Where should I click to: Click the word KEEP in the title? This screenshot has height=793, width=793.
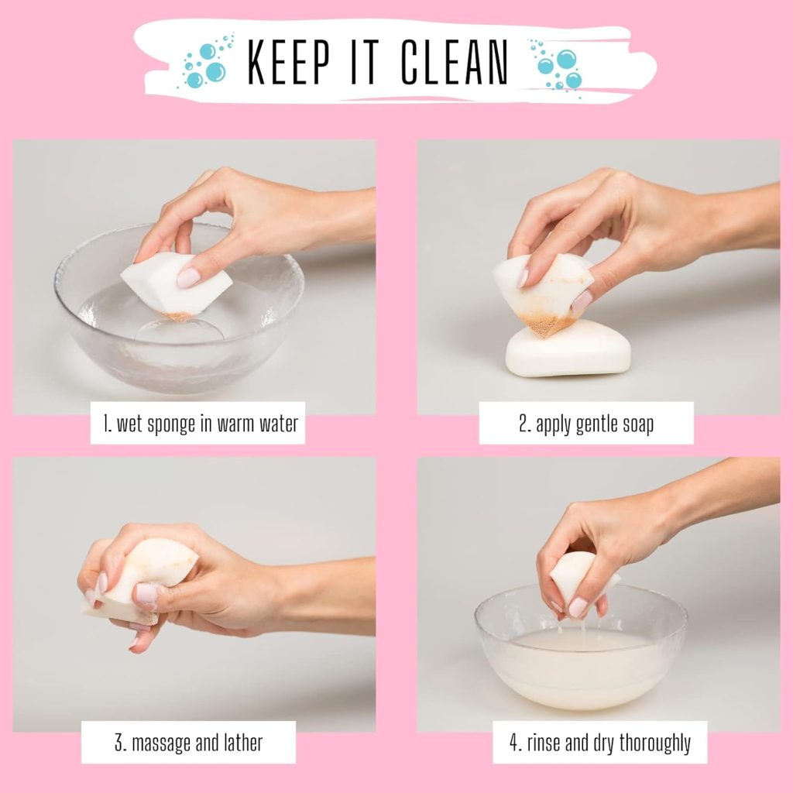289,62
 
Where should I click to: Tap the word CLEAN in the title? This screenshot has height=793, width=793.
455,62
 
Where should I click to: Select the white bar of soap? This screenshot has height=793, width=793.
568,350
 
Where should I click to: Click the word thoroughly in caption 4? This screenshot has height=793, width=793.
655,743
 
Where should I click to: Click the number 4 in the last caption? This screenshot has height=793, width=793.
514,743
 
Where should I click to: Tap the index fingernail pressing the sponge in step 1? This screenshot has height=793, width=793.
187,278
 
